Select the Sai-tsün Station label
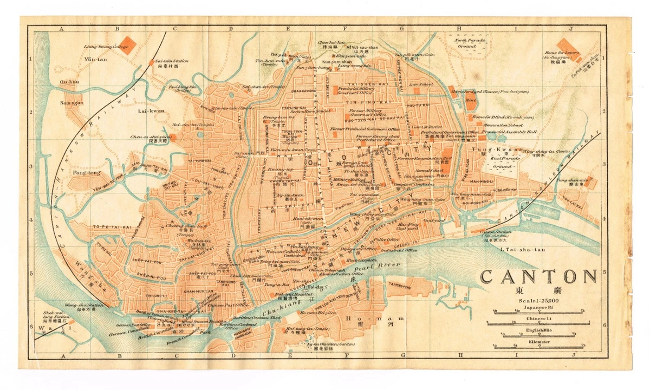[x=172, y=61]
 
